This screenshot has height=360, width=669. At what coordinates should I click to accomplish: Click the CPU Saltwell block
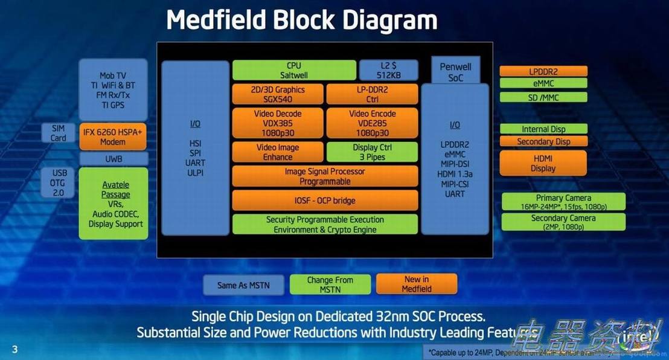(293, 70)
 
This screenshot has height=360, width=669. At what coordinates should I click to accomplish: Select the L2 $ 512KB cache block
(388, 70)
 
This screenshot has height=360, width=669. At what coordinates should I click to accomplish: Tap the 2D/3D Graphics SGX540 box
(277, 94)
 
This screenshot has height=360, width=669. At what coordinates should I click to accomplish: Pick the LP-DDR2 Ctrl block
(372, 94)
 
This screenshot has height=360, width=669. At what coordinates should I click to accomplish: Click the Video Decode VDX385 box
(277, 123)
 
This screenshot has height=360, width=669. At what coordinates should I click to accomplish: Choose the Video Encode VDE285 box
(372, 123)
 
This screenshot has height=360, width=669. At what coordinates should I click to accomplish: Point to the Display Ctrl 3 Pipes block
(372, 152)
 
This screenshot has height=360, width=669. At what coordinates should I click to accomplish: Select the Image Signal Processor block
(325, 176)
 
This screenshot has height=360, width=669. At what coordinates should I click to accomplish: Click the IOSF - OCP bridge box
(325, 201)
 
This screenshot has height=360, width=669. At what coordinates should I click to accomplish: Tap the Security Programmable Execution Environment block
(325, 224)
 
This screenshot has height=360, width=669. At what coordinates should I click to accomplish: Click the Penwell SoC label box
(456, 72)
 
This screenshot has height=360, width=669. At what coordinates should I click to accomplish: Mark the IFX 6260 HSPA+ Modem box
(114, 137)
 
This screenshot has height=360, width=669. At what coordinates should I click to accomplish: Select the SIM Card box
(59, 133)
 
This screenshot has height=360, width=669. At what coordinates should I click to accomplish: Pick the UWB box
(114, 159)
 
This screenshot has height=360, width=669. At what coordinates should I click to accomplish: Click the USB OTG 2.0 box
(59, 182)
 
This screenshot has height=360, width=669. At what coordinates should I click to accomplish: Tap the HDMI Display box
(543, 163)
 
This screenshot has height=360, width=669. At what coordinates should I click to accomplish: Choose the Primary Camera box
(563, 202)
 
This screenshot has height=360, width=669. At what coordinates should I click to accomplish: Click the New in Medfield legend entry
(416, 284)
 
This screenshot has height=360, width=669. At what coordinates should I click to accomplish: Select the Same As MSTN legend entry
(243, 285)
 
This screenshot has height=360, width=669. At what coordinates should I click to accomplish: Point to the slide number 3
(14, 350)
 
